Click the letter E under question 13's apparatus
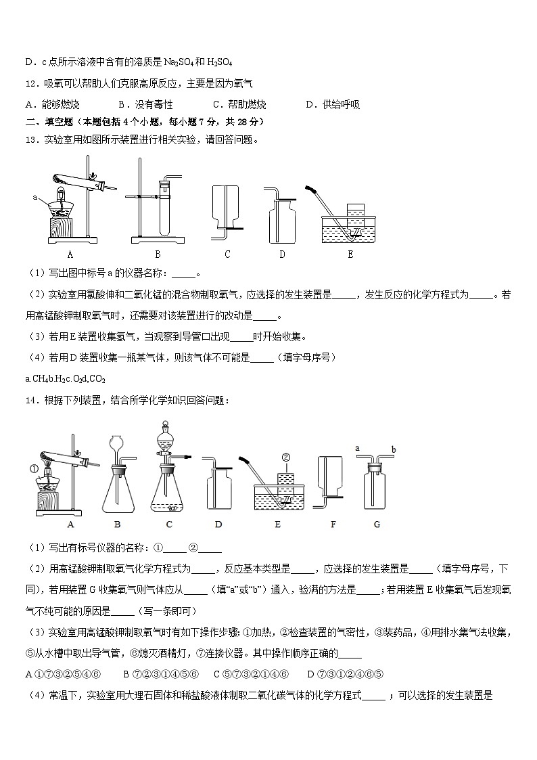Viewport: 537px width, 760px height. (350, 254)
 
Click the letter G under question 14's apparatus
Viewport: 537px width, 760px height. (376, 524)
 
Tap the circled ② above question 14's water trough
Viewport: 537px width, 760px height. (286, 457)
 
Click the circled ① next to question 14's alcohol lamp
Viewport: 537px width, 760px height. (33, 467)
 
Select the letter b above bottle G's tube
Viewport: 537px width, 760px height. (392, 449)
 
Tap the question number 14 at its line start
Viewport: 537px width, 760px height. (30, 401)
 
